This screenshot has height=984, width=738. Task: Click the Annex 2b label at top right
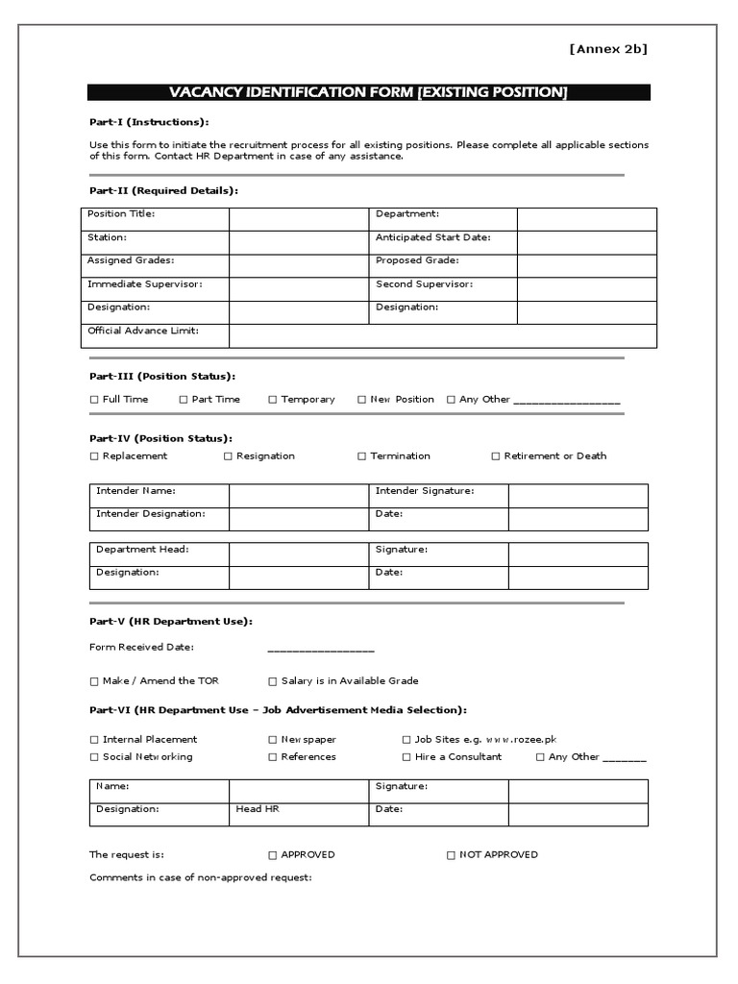(x=608, y=49)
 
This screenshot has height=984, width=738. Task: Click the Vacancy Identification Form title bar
(x=369, y=92)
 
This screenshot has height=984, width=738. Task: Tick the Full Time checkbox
(x=94, y=400)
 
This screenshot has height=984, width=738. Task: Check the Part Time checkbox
(x=184, y=400)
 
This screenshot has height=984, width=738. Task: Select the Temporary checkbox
(x=273, y=400)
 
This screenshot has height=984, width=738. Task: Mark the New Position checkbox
(x=362, y=400)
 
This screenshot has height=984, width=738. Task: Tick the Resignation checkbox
(x=229, y=456)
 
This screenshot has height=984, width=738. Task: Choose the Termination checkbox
(x=362, y=456)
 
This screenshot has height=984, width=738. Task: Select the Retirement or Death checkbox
(x=496, y=456)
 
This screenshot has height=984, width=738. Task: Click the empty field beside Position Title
(x=298, y=219)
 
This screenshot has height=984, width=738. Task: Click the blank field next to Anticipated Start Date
(x=586, y=242)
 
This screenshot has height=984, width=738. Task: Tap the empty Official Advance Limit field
(x=442, y=335)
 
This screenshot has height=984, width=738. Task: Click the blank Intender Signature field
(x=578, y=496)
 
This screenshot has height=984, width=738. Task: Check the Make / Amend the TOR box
(x=94, y=681)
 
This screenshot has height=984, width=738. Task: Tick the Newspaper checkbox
(x=273, y=740)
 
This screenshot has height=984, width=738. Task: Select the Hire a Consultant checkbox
(x=406, y=757)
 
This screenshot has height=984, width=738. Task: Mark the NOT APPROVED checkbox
(x=452, y=855)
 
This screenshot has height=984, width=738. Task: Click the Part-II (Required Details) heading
(x=162, y=190)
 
